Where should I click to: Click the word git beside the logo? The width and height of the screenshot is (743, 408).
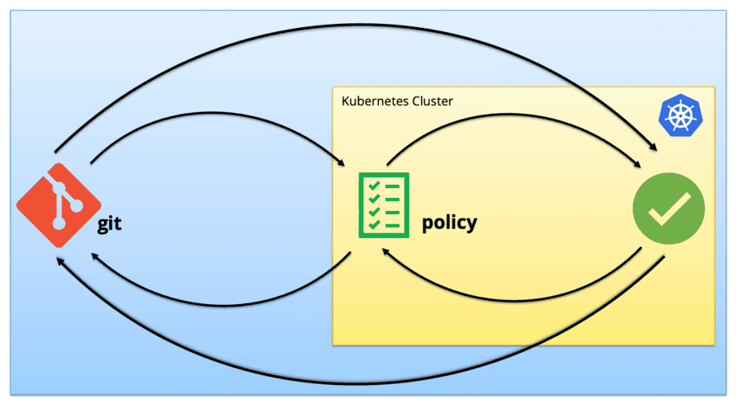(x=109, y=224)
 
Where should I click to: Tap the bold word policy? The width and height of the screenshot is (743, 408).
(x=449, y=223)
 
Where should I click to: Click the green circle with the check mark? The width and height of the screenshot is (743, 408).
(x=668, y=206)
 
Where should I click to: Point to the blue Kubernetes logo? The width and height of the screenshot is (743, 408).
(x=677, y=116)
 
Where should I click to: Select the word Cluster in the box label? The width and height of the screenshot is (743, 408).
(x=433, y=101)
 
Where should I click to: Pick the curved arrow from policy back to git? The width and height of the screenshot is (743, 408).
(x=219, y=300)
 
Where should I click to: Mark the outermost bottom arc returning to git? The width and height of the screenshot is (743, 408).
(x=355, y=384)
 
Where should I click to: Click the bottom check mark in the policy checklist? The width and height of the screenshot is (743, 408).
(x=374, y=224)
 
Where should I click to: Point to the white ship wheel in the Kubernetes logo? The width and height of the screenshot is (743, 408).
(x=677, y=116)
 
